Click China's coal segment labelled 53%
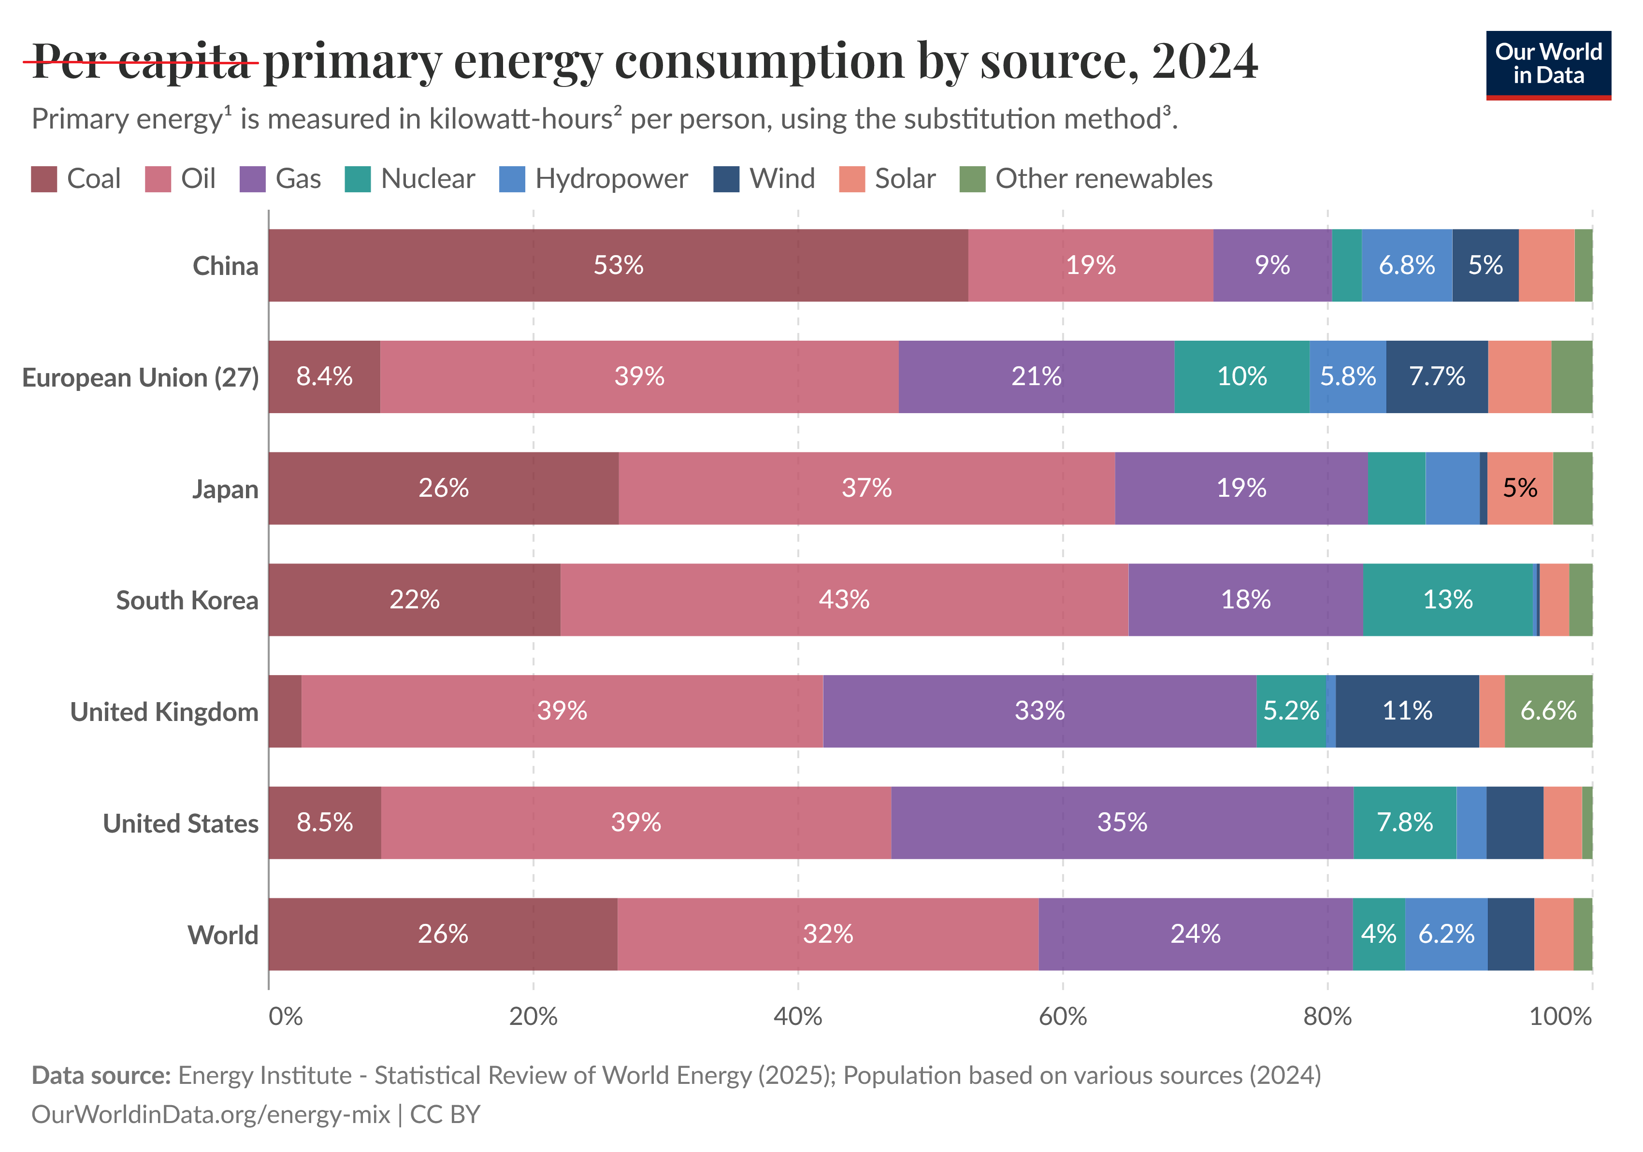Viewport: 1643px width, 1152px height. [x=618, y=265]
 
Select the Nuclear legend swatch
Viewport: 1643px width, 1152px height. [x=358, y=179]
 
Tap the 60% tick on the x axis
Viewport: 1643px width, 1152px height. [x=1063, y=1016]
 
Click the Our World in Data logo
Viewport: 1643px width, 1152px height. [x=1548, y=64]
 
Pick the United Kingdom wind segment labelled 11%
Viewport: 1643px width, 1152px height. [x=1407, y=711]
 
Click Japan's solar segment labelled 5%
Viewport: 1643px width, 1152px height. [x=1520, y=488]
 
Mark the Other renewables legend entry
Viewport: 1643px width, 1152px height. [x=1086, y=179]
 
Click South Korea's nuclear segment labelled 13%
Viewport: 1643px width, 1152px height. [x=1448, y=600]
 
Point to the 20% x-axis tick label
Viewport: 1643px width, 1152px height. [x=533, y=1016]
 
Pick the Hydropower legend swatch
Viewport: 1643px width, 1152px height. [x=512, y=179]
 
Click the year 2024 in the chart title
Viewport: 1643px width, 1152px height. [x=1204, y=61]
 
